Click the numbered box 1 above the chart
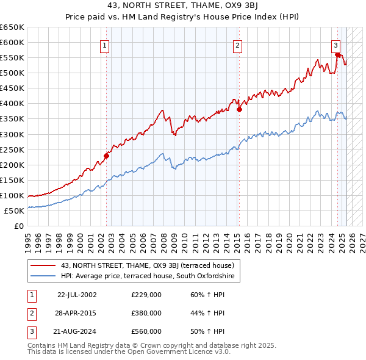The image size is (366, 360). (105, 45)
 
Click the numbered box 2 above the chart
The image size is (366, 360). (237, 45)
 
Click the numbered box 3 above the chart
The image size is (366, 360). (335, 44)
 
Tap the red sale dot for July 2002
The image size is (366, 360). (106, 156)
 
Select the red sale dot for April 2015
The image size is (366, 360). (239, 110)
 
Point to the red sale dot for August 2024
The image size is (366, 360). (337, 54)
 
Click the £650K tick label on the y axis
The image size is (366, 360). (12, 27)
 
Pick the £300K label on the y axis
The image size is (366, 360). (12, 134)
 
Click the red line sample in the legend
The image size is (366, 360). (43, 265)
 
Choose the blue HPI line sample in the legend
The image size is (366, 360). (43, 276)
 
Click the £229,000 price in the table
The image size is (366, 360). (146, 295)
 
